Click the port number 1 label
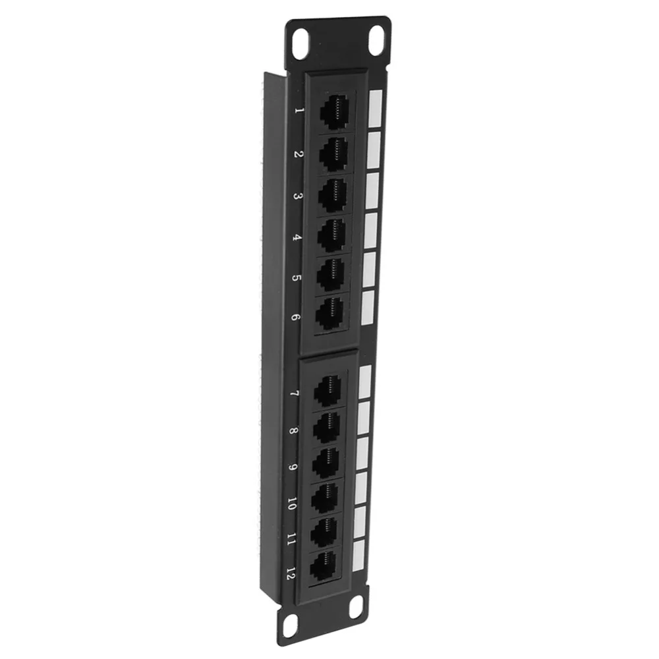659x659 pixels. (x=299, y=113)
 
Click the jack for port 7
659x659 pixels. (x=327, y=391)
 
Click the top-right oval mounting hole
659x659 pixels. (x=378, y=40)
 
